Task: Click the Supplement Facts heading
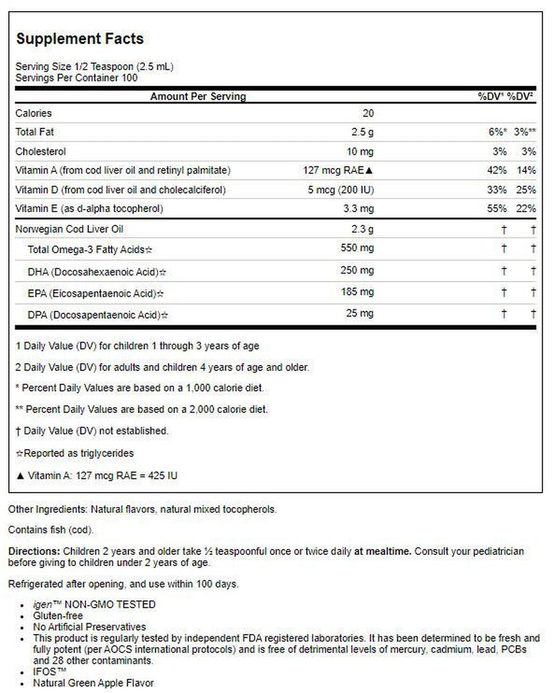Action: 80,38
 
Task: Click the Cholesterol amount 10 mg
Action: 360,151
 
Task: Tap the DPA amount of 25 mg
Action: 361,314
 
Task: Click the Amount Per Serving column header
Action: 198,96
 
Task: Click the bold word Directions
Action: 31,551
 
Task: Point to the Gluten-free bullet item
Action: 58,615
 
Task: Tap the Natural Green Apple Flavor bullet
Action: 94,683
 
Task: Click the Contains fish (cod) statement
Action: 51,530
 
